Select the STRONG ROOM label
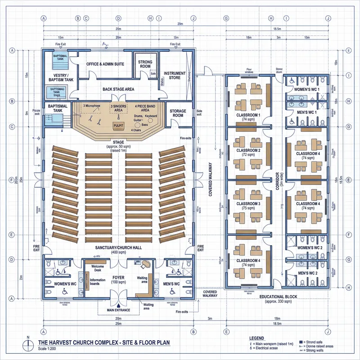tap(145, 64)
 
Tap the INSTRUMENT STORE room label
tap(175, 76)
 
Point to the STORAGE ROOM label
tap(177, 112)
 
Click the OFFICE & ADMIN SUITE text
tap(105, 64)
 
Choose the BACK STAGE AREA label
tap(118, 90)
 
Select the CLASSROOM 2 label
tap(249, 150)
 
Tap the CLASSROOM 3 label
tap(249, 203)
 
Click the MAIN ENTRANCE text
tap(118, 310)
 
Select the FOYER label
tap(118, 278)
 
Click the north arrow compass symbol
tap(29, 344)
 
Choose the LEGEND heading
tap(258, 337)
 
